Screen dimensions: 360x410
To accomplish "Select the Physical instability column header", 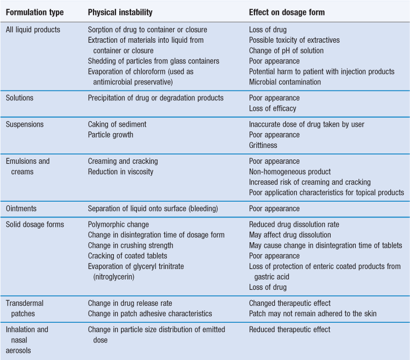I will (x=120, y=12).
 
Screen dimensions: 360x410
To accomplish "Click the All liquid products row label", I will (x=33, y=30).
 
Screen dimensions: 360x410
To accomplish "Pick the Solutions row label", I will (x=20, y=98).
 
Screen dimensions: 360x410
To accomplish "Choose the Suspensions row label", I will (x=25, y=124).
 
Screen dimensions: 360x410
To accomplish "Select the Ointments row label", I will (x=23, y=209).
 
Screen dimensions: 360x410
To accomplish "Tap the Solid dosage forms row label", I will (x=35, y=225).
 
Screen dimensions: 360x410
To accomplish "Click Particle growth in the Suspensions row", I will (x=111, y=135).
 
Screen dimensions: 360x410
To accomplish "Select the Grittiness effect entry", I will (x=264, y=145).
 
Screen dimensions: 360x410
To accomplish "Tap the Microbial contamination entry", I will (x=285, y=82).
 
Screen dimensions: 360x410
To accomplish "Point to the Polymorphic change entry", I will (x=118, y=225).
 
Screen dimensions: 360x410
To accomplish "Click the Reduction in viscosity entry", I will (x=120, y=172).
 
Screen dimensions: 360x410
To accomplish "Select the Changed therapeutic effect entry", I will (x=290, y=303).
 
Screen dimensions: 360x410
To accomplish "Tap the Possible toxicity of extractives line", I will (x=294, y=40).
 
